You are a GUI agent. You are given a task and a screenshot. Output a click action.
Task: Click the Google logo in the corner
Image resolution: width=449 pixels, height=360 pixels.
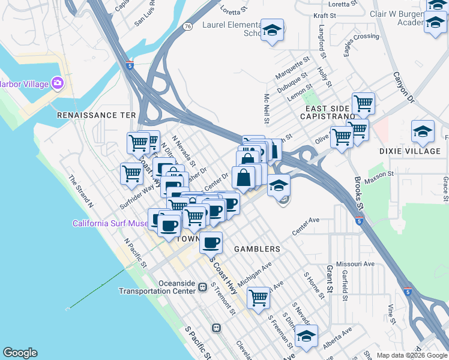[x=20, y=353]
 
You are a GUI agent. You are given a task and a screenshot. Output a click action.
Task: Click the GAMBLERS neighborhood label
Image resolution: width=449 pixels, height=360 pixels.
[x=257, y=249]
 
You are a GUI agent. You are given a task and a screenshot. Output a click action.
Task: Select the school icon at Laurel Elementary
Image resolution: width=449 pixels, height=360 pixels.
[x=272, y=31]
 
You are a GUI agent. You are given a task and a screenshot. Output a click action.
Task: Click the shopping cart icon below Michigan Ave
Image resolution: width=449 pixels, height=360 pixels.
[x=258, y=297]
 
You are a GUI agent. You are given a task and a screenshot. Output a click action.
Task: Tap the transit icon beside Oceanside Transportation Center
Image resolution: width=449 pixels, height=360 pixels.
[x=203, y=287]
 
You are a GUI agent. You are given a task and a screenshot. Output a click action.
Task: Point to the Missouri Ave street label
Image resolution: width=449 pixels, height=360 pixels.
[x=355, y=264]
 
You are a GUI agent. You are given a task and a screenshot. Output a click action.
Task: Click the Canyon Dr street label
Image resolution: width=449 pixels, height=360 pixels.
[x=403, y=86]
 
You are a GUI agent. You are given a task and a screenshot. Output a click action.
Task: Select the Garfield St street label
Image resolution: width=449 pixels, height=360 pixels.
[x=345, y=284]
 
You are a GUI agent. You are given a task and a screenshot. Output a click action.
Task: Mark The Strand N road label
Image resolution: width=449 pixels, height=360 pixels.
[x=80, y=191]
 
